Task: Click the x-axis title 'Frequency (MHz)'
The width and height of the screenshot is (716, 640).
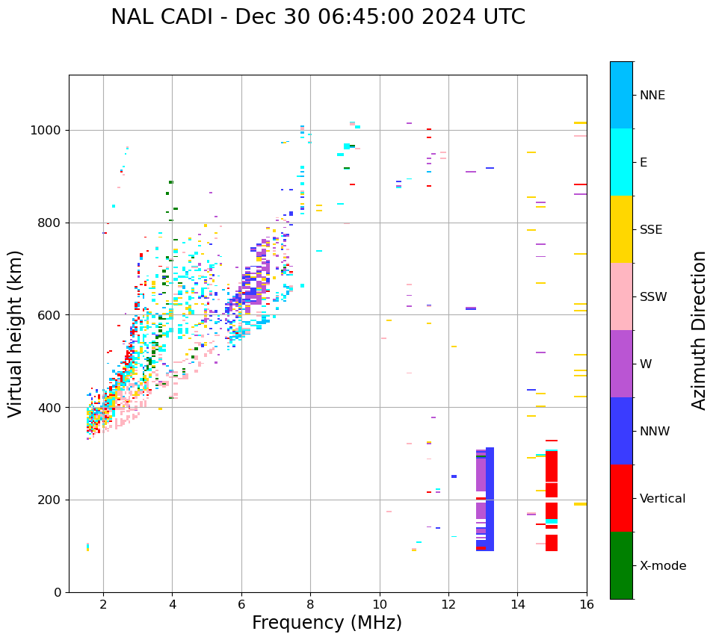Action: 327,623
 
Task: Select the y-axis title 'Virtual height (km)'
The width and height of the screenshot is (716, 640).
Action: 16,333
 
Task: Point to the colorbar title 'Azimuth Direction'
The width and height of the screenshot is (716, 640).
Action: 699,330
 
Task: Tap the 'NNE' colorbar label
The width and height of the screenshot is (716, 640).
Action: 652,96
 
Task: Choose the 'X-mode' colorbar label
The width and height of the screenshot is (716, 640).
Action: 662,566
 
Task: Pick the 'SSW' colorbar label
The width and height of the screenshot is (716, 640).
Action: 653,297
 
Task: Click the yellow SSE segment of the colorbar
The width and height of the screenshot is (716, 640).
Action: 621,229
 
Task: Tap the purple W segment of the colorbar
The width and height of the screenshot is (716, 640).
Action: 621,364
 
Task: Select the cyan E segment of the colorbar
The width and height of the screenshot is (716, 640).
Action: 621,162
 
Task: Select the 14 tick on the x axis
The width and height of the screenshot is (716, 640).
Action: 517,603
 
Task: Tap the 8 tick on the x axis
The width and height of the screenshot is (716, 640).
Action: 310,603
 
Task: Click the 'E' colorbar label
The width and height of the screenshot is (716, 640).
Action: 644,163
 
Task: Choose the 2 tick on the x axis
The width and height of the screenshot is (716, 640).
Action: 103,603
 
